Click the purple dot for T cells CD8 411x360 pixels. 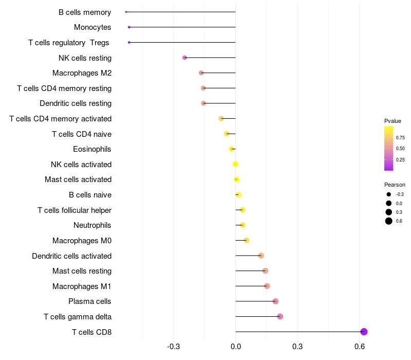point(364,332)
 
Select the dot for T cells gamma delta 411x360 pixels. point(280,316)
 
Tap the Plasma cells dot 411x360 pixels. point(275,301)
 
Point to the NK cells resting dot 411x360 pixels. point(185,58)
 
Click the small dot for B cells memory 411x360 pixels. point(126,12)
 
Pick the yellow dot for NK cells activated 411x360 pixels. point(235,165)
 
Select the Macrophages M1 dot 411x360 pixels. point(267,286)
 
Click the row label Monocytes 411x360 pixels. point(92,27)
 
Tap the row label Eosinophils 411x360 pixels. point(92,149)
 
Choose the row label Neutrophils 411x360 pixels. point(92,225)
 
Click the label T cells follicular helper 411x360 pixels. point(74,210)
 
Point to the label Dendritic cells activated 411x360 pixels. point(71,256)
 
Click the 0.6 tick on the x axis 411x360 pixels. point(360,347)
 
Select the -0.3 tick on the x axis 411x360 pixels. point(174,347)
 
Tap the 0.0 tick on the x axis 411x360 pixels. point(236,347)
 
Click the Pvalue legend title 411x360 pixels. point(393,121)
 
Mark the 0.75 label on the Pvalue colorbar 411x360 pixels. point(400,138)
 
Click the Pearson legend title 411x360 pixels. point(395,185)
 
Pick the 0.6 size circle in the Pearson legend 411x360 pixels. point(389,221)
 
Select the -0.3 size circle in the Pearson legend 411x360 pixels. point(389,194)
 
